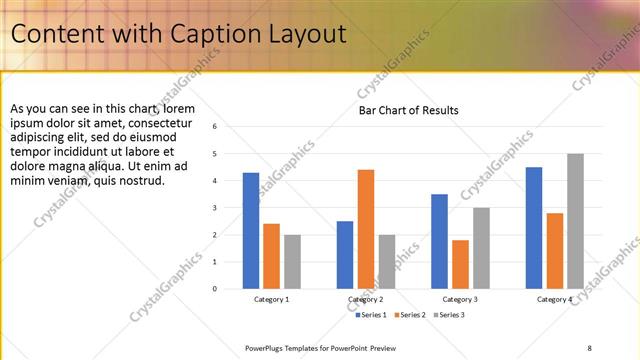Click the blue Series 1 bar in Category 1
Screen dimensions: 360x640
(251, 231)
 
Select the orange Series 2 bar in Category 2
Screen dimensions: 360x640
(366, 229)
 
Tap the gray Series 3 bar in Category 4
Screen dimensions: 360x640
(575, 221)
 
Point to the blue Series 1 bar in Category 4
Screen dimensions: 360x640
(534, 228)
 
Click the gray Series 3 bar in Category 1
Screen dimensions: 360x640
(292, 262)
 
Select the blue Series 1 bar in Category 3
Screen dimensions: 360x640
(440, 241)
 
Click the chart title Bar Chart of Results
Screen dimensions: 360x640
(408, 110)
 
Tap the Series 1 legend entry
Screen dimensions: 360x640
(372, 315)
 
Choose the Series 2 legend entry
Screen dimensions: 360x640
(410, 315)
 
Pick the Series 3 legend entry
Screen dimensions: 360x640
(449, 315)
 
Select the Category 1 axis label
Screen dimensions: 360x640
(271, 299)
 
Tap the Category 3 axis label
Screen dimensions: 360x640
(460, 299)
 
